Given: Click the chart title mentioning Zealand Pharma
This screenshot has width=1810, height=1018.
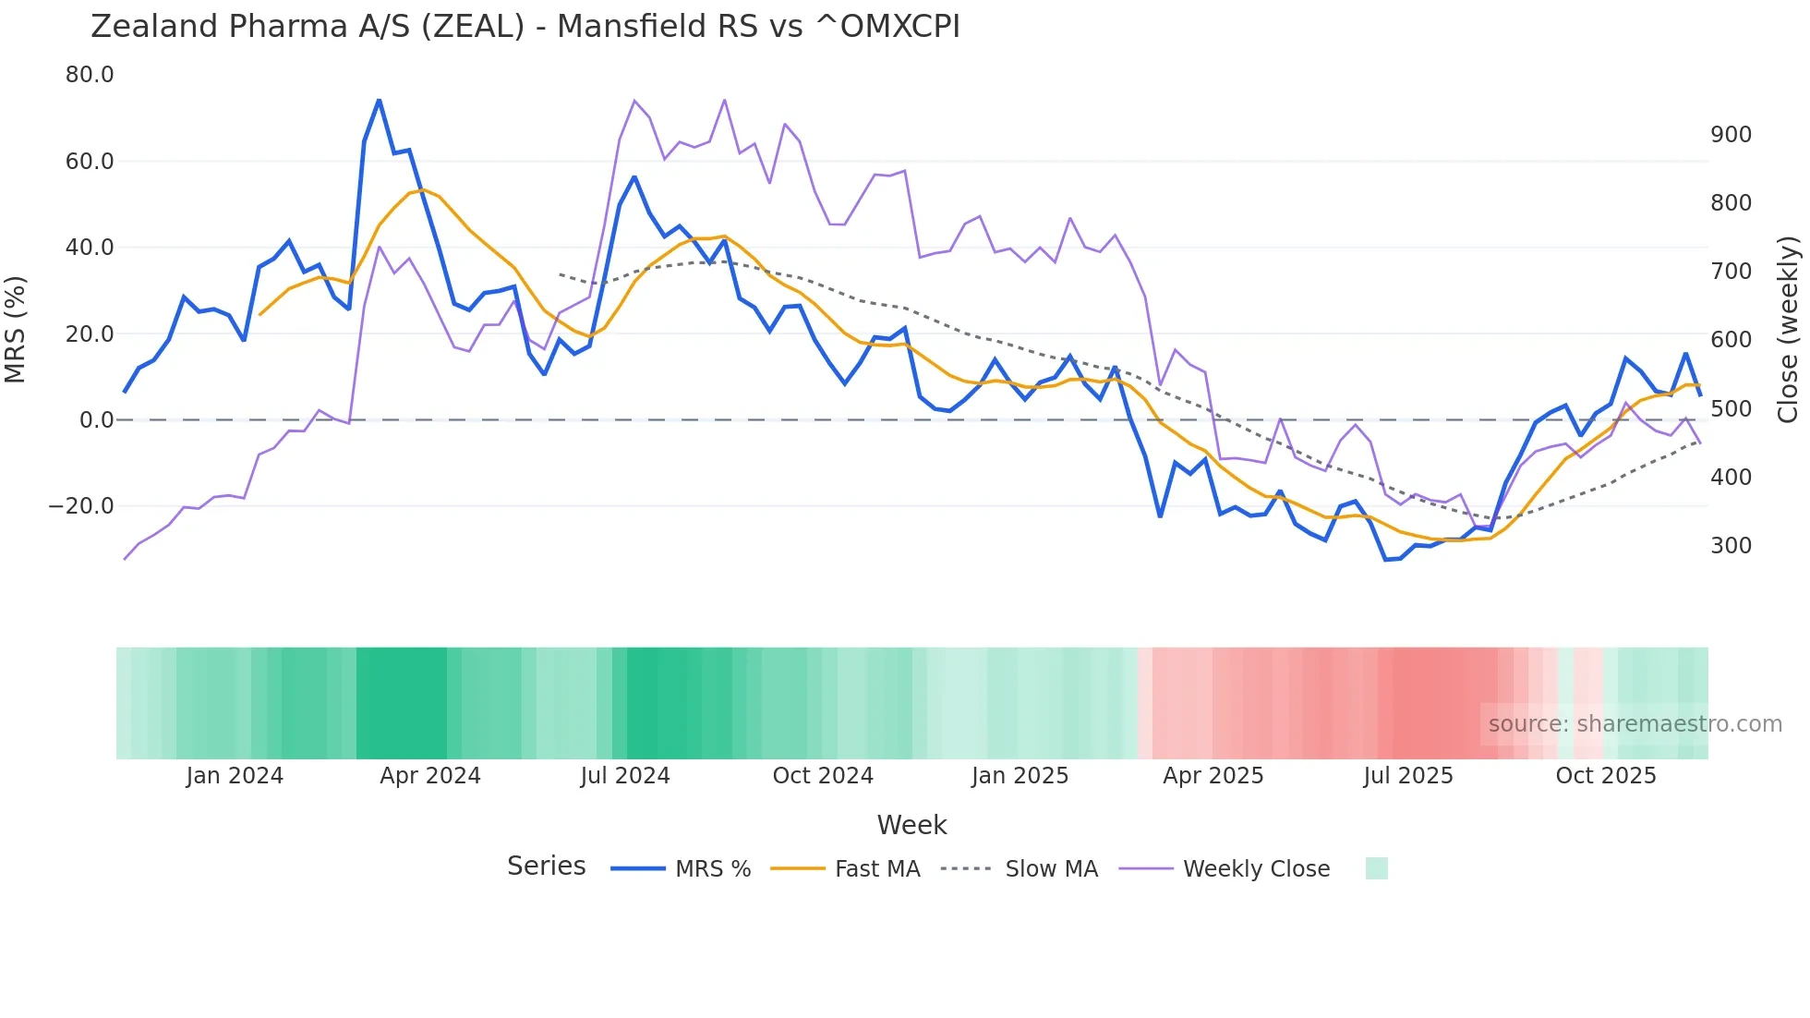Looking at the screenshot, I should coord(525,26).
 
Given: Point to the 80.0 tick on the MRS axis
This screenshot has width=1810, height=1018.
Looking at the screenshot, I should coord(90,75).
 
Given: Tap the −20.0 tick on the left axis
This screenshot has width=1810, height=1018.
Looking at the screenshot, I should coord(81,506).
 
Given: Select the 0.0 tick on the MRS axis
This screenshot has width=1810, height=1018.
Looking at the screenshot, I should coord(96,420).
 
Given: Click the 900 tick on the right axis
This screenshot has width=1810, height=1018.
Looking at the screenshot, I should coord(1731,135).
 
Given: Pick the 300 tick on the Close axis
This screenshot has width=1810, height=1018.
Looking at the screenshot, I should coord(1731,546).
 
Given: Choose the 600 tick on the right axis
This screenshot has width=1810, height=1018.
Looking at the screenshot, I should coord(1731,340).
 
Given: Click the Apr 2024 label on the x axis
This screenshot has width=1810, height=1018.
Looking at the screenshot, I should coord(430,776).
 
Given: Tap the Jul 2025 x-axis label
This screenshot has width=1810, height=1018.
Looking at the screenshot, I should coord(1407,776).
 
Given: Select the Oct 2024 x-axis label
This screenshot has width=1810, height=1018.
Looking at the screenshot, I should coord(823,776).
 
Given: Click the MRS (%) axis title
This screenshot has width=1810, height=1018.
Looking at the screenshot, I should coord(16,330).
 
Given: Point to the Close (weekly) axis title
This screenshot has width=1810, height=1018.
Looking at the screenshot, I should coord(1788,330).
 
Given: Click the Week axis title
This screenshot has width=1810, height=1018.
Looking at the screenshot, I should coord(911,825).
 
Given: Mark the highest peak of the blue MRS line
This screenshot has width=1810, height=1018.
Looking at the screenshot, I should coord(379,100).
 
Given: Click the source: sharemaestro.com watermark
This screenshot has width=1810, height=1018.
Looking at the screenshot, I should coord(1635,724).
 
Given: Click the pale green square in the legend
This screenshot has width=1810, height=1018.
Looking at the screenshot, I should coord(1376,868).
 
